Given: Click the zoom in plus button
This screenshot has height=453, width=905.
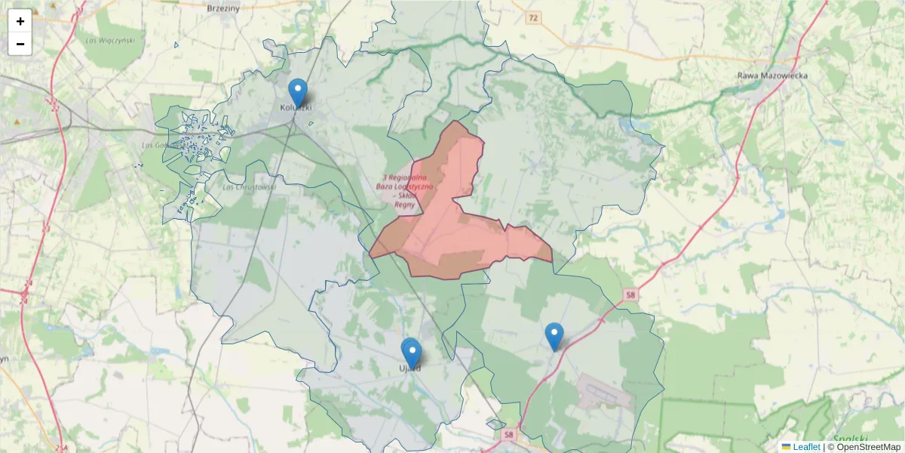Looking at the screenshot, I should tap(20, 21).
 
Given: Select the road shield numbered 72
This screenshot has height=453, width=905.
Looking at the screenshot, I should tap(534, 17).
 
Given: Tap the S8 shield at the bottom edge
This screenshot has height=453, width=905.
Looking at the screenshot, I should tap(509, 435).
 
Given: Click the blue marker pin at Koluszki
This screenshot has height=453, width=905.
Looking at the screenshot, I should tap(298, 93).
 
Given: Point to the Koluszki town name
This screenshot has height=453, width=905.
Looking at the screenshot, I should tap(296, 107).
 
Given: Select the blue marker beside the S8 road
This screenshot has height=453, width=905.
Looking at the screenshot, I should tap(554, 336).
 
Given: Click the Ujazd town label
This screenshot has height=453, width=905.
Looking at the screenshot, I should tap(410, 368).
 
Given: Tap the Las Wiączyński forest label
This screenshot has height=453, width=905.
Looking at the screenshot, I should tap(110, 40).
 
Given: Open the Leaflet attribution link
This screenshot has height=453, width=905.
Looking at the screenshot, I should tap(806, 447).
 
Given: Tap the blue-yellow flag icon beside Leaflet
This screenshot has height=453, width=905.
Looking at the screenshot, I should tap(786, 447).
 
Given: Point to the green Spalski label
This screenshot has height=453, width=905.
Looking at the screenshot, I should tap(851, 439).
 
